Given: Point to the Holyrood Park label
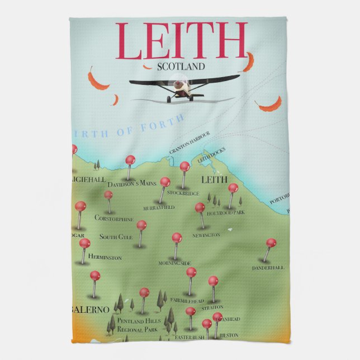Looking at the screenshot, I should [226, 213].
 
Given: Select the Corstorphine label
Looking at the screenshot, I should [114, 218].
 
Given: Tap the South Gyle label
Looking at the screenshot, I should [116, 237].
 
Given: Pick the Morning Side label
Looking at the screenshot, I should [175, 263].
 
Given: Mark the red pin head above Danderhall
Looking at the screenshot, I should [271, 243].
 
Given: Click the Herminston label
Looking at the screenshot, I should [105, 258].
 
